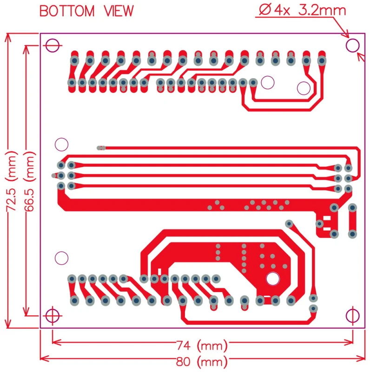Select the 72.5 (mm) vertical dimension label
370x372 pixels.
11,181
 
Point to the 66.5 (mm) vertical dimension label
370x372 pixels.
29,181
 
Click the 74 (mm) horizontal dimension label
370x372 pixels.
202,346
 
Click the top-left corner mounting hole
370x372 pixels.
52,46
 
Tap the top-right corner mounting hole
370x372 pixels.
353,46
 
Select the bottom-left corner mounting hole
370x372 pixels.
52,315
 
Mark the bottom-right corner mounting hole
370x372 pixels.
353,315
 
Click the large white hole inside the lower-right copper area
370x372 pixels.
272,279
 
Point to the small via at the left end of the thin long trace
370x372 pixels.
99,148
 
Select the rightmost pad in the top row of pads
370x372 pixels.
321,60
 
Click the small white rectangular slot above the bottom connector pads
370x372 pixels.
159,271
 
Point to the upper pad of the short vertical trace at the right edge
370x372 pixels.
353,207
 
